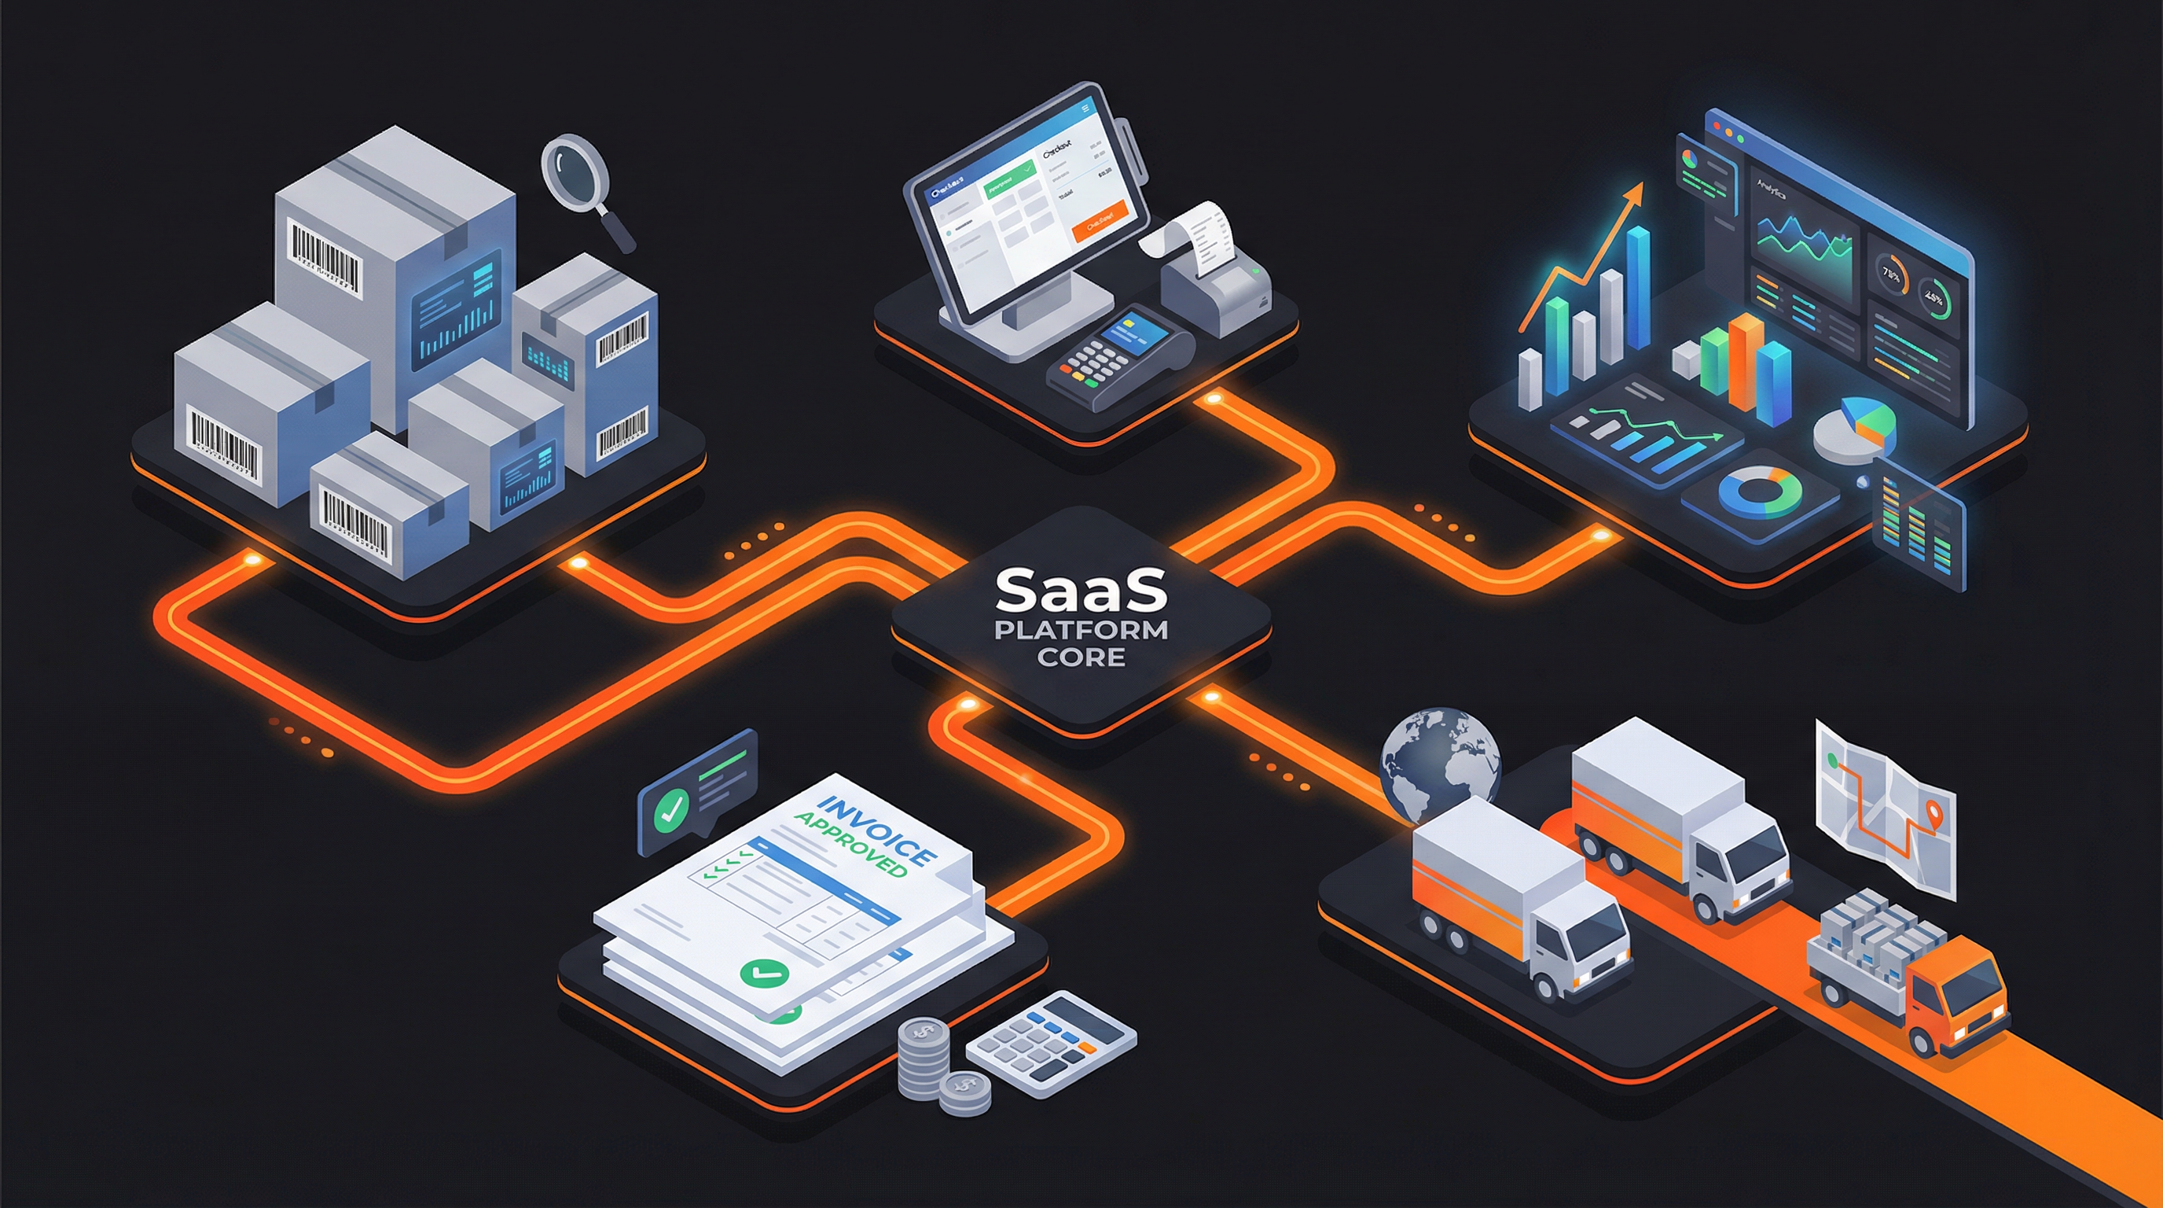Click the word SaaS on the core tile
[1081, 591]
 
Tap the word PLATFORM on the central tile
[1081, 630]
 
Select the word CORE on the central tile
[1081, 657]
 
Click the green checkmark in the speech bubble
[671, 807]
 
